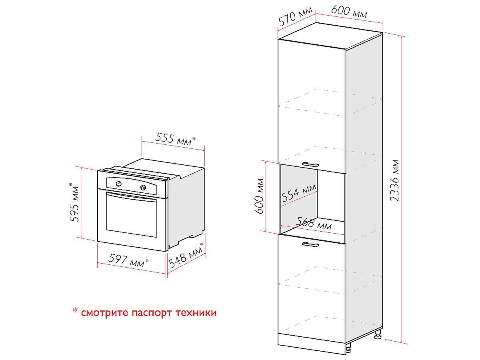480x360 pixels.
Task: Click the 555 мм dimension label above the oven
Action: click(175, 139)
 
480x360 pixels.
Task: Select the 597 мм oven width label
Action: click(128, 260)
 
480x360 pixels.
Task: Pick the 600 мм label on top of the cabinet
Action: click(349, 12)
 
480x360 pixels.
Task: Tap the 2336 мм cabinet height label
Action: click(395, 180)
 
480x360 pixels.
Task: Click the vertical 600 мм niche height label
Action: click(259, 196)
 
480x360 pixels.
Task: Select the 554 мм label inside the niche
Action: click(299, 192)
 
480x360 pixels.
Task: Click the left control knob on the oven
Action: click(119, 184)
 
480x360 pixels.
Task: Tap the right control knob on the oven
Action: click(143, 187)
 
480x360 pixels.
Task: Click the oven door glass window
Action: click(132, 215)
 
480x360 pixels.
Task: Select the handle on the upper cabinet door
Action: click(310, 164)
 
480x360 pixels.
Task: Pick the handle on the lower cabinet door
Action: click(310, 244)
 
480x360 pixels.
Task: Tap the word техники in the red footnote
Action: click(196, 312)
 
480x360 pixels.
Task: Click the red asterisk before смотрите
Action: click(75, 311)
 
